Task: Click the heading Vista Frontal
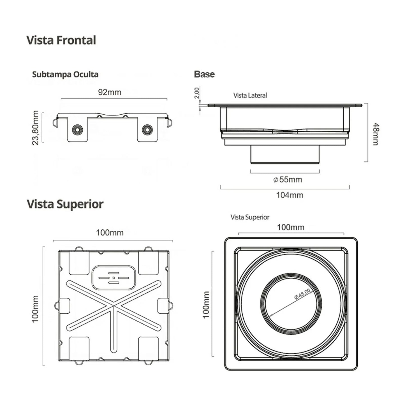pos(61,40)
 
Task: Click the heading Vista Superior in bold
pos(65,204)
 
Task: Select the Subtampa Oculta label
pos(65,75)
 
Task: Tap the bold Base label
pos(204,74)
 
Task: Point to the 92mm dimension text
pos(110,92)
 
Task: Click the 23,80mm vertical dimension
pos(36,128)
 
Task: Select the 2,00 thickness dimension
pos(197,93)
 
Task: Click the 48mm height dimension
pos(375,134)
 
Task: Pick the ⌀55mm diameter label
pos(288,180)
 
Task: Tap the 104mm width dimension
pos(290,195)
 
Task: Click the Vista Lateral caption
pos(250,96)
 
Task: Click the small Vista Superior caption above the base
pos(250,217)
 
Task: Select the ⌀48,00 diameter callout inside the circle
pos(302,294)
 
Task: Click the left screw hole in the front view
pos(77,130)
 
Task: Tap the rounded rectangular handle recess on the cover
pos(114,278)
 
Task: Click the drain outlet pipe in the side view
pos(285,154)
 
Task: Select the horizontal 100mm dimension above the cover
pos(110,233)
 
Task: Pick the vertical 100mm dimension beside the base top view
pos(206,305)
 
